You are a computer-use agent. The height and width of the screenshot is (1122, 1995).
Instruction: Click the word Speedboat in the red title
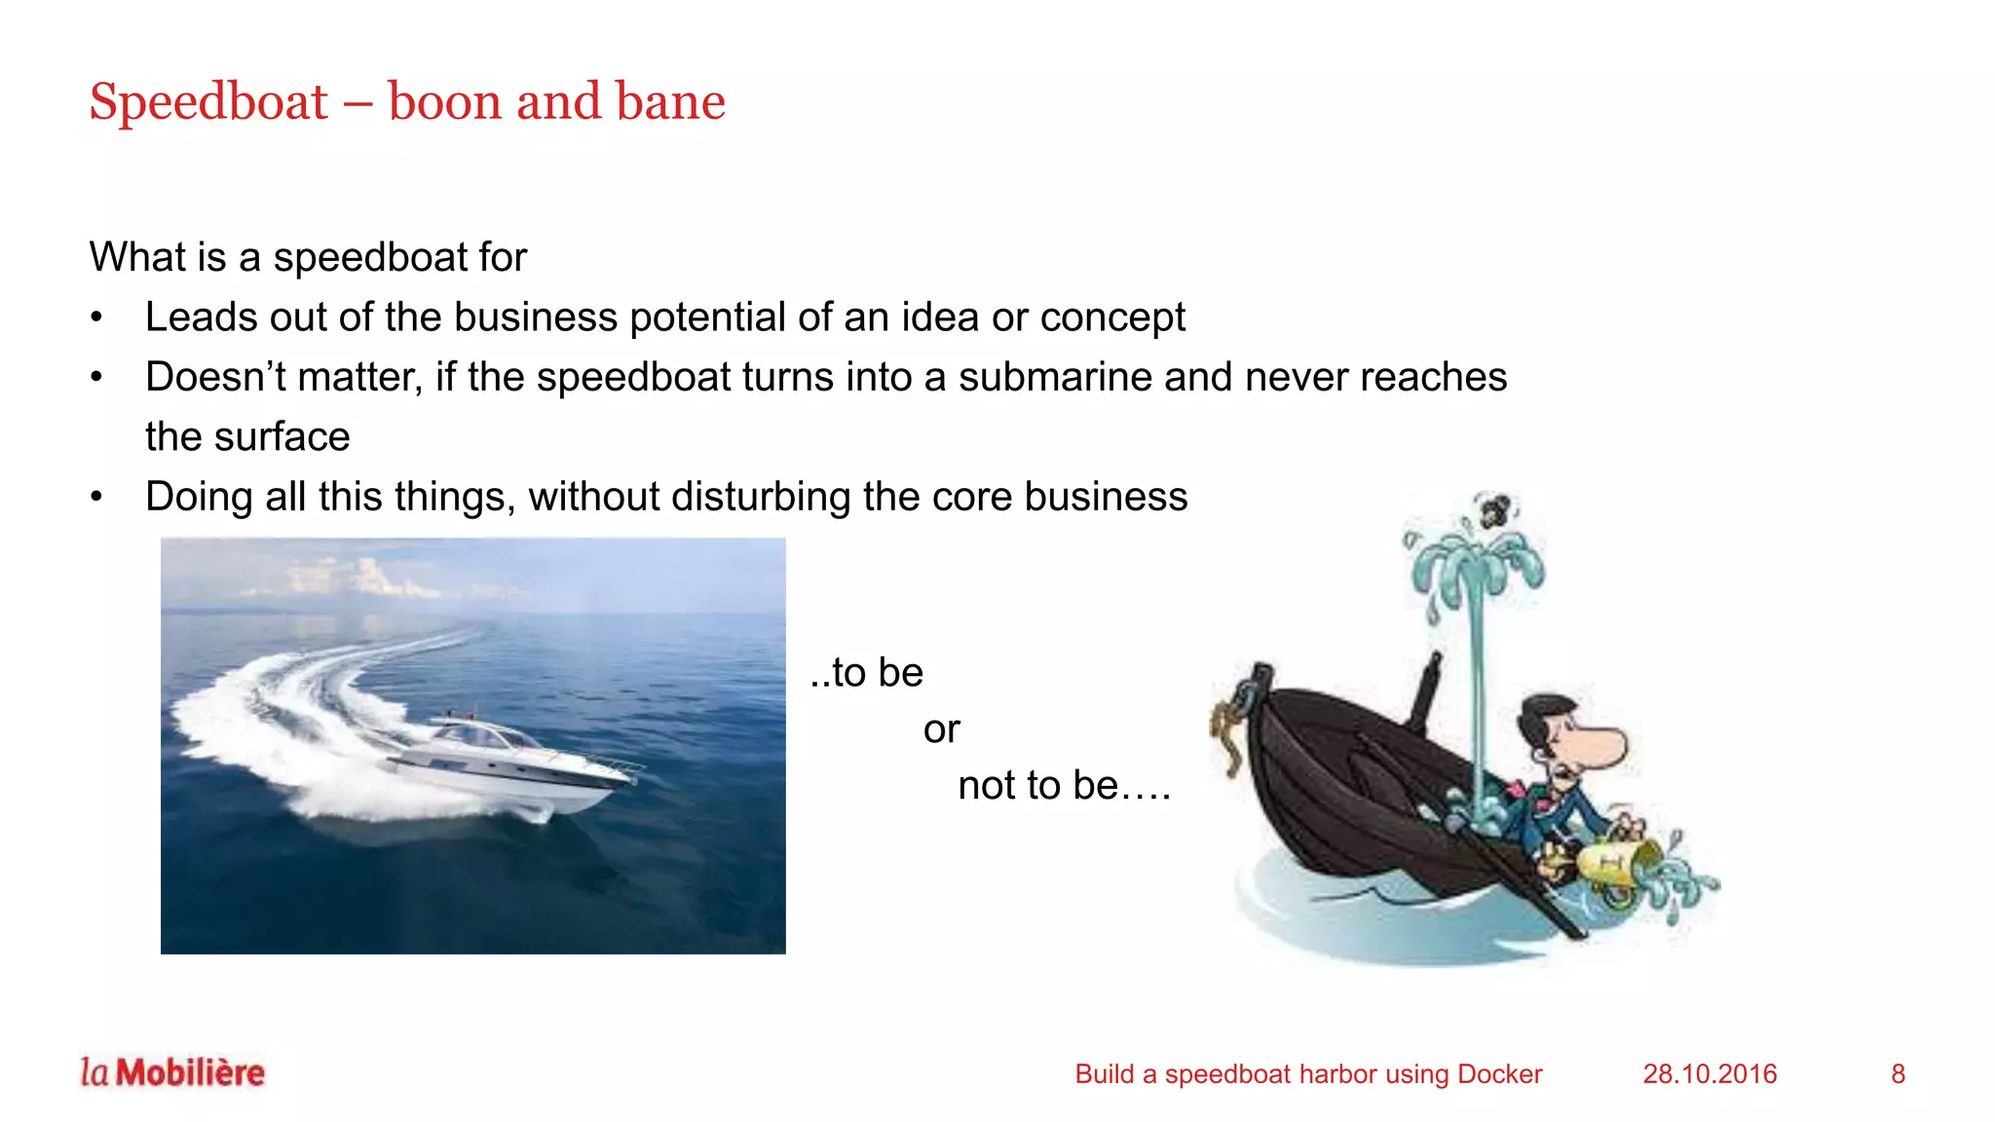pos(208,102)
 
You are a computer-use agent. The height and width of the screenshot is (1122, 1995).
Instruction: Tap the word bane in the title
pos(670,101)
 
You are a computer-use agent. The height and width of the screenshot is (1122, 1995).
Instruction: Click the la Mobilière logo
pos(172,1072)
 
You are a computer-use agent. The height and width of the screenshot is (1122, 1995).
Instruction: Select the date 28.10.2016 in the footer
pos(1710,1073)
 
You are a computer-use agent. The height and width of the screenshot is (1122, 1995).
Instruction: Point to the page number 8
pos(1898,1073)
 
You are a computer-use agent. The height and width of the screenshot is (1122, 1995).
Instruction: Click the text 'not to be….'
pos(1064,785)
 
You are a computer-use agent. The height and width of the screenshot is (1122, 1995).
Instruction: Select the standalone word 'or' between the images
pos(941,729)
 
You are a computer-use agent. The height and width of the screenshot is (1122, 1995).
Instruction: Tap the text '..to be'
pos(866,673)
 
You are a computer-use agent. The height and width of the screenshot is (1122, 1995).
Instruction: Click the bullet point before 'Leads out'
pos(96,318)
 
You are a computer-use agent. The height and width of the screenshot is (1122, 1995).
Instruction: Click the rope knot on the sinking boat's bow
pos(1229,726)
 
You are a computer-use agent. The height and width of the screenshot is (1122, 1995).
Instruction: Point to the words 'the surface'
pos(247,437)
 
